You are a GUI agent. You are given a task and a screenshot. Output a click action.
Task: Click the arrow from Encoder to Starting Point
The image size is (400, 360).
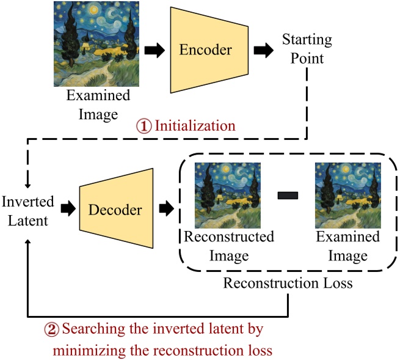coord(263,51)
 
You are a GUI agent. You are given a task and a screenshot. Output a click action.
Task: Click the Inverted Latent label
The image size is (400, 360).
coord(27,211)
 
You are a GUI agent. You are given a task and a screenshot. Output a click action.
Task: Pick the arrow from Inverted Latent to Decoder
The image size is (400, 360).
coord(66,210)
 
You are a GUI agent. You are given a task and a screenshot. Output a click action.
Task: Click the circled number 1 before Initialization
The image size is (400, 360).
coord(145,127)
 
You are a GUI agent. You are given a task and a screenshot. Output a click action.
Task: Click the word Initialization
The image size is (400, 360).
coord(195,127)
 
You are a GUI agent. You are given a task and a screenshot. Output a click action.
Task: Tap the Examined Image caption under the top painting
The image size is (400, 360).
coord(98,104)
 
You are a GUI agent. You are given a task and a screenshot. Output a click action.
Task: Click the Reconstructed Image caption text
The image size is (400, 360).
coord(229,245)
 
